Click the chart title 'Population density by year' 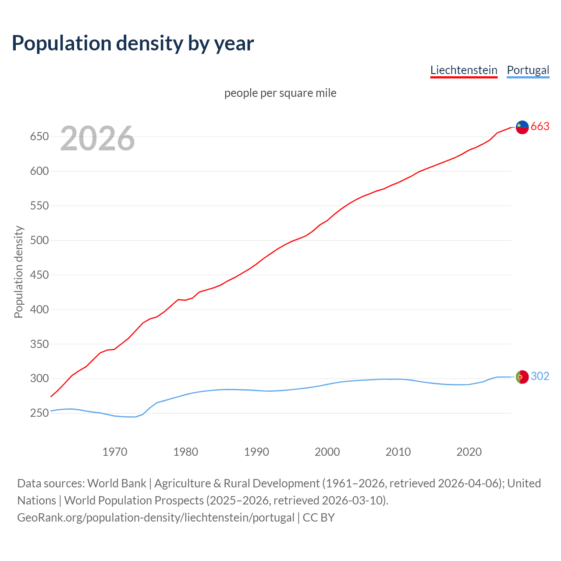tap(133, 43)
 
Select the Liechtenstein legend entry tap(464, 70)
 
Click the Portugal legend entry tap(528, 70)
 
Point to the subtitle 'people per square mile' tap(280, 93)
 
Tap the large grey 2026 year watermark tap(97, 138)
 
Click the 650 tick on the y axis tap(39, 137)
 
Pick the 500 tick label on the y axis tap(39, 240)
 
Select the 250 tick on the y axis tap(39, 413)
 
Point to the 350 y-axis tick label tap(39, 344)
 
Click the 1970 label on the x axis tap(115, 452)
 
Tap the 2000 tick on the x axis tap(327, 452)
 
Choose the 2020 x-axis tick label tap(469, 452)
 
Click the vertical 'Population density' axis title tap(18, 272)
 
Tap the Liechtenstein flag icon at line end tap(522, 127)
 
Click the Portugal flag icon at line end tap(522, 377)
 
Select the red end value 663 tap(540, 127)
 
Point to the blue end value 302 tap(540, 376)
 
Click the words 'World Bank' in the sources tap(117, 483)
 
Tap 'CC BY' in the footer tap(319, 518)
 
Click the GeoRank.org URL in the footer tap(156, 518)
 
